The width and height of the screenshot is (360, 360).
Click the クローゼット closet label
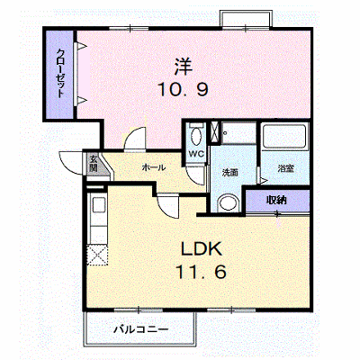60,74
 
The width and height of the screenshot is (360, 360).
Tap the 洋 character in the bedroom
183,67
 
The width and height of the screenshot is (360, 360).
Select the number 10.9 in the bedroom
183,89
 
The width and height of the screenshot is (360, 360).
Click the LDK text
202,248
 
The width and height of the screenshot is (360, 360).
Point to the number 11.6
201,272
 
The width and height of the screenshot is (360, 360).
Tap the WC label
196,154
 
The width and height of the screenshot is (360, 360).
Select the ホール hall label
154,167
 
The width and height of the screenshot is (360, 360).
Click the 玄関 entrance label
93,164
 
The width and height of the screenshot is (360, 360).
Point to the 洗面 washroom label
230,173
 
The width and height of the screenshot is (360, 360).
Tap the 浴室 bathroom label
285,168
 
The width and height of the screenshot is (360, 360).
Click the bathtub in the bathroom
284,137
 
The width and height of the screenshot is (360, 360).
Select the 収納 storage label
276,200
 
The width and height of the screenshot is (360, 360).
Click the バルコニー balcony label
141,329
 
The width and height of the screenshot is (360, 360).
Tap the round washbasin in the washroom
229,202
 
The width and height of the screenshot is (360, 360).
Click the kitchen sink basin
98,205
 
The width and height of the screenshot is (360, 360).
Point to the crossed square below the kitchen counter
97,255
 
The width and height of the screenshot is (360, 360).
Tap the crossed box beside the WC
215,131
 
